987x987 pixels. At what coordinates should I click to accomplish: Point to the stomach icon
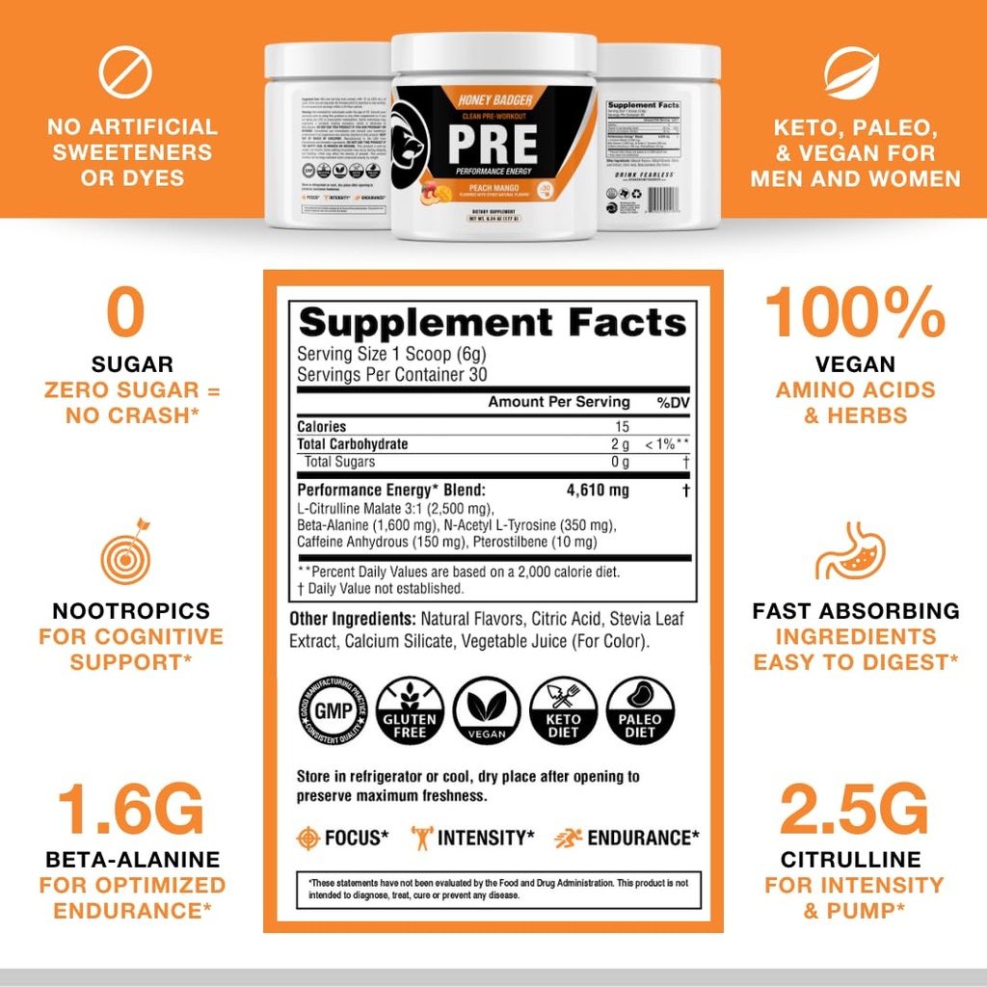coord(851,550)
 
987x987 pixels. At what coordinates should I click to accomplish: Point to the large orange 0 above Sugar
coord(126,313)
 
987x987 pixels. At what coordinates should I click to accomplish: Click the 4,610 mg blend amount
coord(598,491)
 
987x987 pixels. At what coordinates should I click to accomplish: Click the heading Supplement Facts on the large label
coord(493,321)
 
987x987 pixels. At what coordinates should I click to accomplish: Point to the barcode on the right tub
coord(664,200)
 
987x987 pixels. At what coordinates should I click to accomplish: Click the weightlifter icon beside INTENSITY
coord(421,838)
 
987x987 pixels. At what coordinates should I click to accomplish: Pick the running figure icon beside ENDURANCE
coord(568,838)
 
